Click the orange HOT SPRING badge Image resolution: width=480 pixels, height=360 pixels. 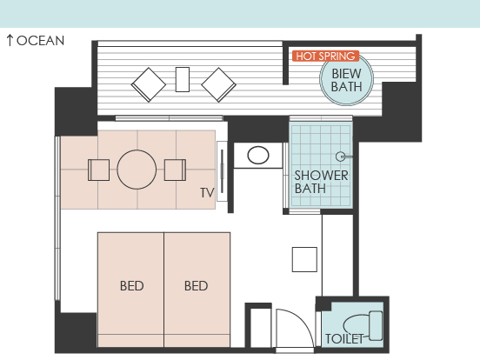click(325, 56)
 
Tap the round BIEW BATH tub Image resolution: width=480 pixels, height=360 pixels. click(347, 78)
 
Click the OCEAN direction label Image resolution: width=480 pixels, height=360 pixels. click(40, 41)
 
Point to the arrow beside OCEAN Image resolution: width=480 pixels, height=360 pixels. click(10, 40)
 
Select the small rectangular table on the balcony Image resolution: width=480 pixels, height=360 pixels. click(183, 79)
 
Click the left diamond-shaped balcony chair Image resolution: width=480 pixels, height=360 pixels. click(149, 85)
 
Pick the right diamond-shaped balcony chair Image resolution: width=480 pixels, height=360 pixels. click(218, 85)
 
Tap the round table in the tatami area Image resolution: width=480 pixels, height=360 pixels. click(137, 170)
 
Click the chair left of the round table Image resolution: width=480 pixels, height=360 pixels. click(98, 170)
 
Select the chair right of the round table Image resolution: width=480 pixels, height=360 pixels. click(175, 170)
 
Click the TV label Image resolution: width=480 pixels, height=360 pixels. click(207, 193)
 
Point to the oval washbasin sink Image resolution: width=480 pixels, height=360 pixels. click(258, 155)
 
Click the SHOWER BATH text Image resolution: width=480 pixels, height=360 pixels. click(321, 182)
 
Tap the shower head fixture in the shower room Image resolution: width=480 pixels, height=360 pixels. click(340, 157)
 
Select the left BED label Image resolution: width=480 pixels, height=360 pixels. click(131, 286)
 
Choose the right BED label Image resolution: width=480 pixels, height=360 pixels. click(196, 286)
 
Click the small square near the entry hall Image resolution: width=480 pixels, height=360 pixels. click(304, 260)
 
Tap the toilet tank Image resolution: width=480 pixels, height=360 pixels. click(376, 326)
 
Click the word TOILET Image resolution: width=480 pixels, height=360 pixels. click(344, 339)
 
